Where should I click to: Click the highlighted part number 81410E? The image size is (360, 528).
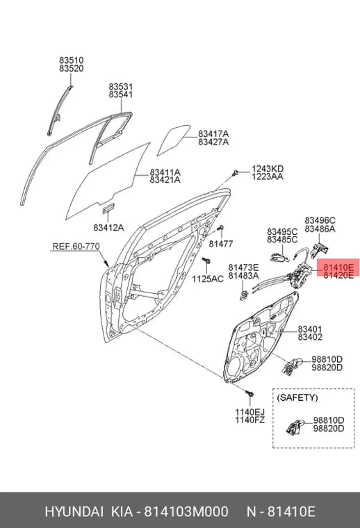tap(338, 267)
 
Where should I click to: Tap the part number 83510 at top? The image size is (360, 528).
tap(72, 60)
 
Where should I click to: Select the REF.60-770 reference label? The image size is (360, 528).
tap(76, 247)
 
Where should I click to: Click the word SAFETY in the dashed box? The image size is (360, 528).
tap(297, 397)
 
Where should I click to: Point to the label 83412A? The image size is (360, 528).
tap(108, 228)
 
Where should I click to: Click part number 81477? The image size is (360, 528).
tap(221, 244)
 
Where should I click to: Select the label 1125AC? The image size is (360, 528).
tap(207, 279)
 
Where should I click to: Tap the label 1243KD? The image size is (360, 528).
tap(268, 169)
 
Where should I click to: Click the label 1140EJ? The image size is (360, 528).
tap(249, 412)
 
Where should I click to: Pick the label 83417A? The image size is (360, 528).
tap(213, 134)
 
